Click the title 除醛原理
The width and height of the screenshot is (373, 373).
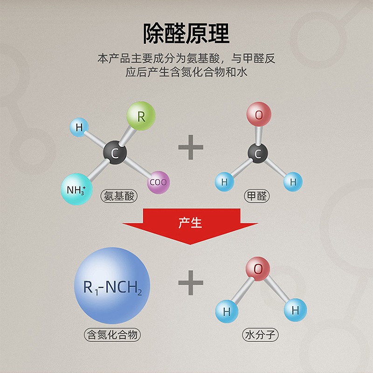click(x=186, y=34)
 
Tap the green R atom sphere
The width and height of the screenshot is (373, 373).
click(x=141, y=116)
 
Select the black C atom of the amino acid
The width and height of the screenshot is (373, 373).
click(x=115, y=153)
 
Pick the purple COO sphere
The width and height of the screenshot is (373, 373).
click(x=158, y=182)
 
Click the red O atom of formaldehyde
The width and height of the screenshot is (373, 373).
click(x=259, y=115)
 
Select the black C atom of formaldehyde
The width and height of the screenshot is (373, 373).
click(x=257, y=153)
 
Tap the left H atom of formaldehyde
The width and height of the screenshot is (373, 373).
click(x=224, y=182)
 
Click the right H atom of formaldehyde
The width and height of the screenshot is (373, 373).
click(x=293, y=182)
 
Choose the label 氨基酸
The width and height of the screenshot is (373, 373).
click(x=119, y=196)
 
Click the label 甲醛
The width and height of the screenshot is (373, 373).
click(x=257, y=196)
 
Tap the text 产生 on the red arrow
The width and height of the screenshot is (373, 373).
click(x=190, y=222)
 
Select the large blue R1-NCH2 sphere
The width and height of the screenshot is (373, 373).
click(x=112, y=285)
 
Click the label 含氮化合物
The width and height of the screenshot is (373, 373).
click(x=112, y=334)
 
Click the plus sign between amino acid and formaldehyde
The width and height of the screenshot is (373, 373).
click(x=191, y=148)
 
